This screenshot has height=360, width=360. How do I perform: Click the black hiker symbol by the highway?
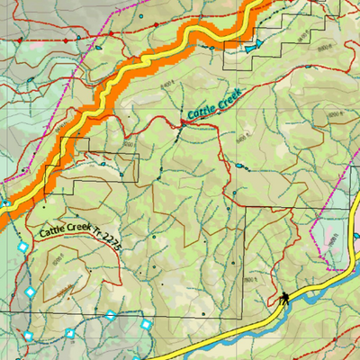pyautogui.click(x=283, y=299)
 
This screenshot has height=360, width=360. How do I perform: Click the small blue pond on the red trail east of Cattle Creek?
pyautogui.click(x=238, y=166)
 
